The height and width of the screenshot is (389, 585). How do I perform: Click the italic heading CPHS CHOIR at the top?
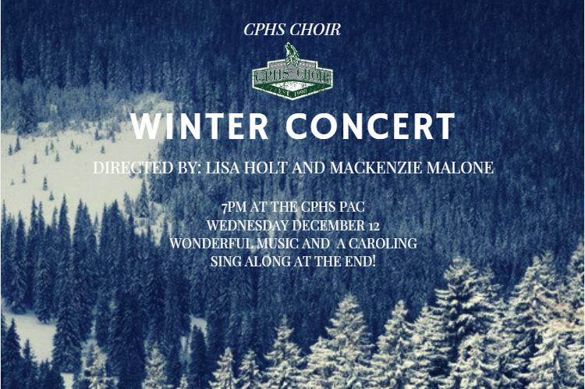click(x=292, y=30)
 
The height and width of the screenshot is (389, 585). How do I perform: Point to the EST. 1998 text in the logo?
click(x=292, y=91)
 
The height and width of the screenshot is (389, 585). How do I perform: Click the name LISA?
click(x=223, y=167)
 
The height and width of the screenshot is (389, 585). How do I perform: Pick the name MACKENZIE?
click(x=376, y=167)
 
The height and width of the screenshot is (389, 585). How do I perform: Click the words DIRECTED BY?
click(x=147, y=167)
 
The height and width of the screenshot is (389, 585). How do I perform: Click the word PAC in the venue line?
click(x=352, y=207)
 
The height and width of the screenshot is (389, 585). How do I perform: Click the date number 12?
click(x=374, y=226)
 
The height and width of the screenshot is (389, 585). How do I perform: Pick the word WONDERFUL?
click(x=211, y=243)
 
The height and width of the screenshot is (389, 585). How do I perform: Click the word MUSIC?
click(x=277, y=243)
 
